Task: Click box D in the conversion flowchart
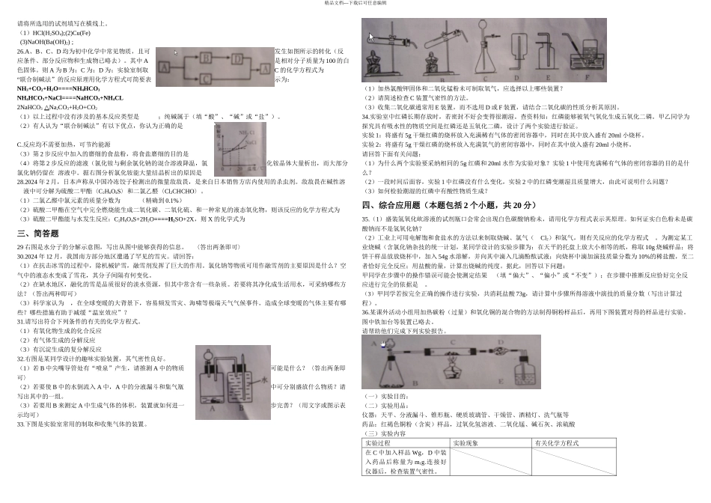click(x=237, y=59)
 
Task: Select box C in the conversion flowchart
click(x=206, y=79)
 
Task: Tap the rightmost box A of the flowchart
click(x=265, y=69)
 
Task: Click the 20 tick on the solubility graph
click(x=239, y=168)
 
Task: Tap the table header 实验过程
click(x=382, y=443)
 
